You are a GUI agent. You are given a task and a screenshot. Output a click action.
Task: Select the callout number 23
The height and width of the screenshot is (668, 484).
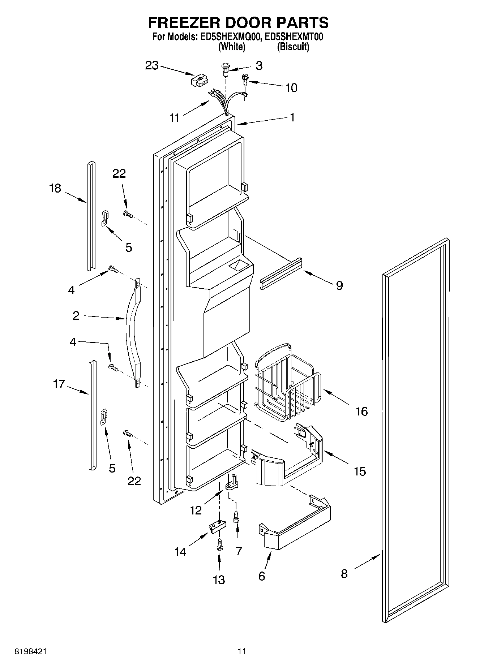coord(152,65)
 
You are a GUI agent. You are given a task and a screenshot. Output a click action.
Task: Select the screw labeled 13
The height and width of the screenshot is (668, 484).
coord(219,545)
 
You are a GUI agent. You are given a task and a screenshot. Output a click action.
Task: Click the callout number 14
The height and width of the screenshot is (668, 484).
coord(180,552)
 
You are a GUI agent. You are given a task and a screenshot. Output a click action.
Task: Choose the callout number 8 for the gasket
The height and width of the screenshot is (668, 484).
coord(344,573)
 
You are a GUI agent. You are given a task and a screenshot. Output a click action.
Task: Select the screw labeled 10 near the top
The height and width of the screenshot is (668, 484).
coord(245,78)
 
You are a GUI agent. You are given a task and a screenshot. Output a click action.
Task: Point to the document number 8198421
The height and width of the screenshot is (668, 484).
coord(30,651)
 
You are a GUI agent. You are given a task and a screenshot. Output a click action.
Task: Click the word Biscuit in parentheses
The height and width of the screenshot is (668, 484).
coord(293,47)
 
